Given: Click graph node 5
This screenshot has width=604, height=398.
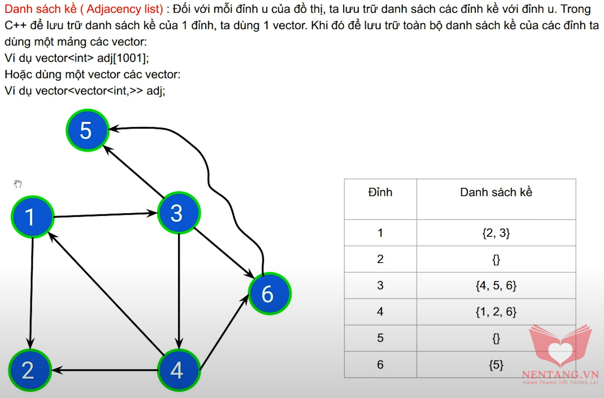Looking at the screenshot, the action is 87,130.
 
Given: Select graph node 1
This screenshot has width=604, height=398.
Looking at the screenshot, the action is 33,217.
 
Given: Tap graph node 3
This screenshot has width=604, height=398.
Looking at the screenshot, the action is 179,213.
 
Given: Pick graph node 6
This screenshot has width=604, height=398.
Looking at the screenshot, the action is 269,294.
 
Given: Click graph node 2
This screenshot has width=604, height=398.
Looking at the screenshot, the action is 30,370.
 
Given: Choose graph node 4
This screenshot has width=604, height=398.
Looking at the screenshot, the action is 179,370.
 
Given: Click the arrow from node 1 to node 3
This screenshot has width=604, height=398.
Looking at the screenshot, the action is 106,215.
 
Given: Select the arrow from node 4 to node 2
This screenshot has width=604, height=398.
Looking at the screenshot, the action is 105,370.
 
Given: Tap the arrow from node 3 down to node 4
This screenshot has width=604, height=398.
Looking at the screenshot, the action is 179,291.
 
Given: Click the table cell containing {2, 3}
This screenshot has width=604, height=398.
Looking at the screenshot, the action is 496,233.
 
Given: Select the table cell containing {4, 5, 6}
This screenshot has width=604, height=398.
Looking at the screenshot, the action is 496,285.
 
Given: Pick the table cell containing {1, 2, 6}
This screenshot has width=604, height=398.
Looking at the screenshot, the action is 496,311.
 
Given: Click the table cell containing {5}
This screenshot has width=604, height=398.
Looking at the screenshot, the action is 496,365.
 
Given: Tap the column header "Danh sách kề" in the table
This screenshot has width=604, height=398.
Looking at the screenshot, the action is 496,192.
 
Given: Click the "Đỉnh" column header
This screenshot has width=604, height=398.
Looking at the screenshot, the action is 380,192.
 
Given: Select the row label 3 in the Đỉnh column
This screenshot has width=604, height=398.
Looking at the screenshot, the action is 380,285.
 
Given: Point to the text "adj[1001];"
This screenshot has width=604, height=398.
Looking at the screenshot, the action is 123,58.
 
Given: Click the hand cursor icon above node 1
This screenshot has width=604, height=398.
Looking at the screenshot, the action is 18,184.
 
